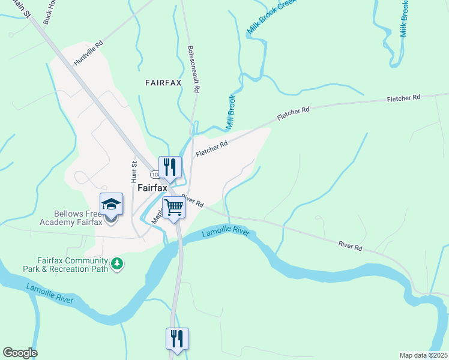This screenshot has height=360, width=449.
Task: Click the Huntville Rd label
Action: [89, 53]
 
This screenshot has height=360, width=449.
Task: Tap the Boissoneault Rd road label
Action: [192, 69]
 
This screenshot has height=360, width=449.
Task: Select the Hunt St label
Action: [134, 171]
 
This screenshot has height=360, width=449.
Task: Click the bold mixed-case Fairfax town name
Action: [152, 187]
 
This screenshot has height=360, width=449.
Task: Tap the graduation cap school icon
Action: [111, 204]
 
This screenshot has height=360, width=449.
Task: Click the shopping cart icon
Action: [173, 208]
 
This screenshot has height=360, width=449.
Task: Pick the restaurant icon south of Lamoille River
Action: [177, 338]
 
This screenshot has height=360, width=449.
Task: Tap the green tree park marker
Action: [118, 263]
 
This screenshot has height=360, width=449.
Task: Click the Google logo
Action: [20, 353]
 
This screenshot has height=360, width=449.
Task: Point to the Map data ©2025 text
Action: [423, 355]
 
